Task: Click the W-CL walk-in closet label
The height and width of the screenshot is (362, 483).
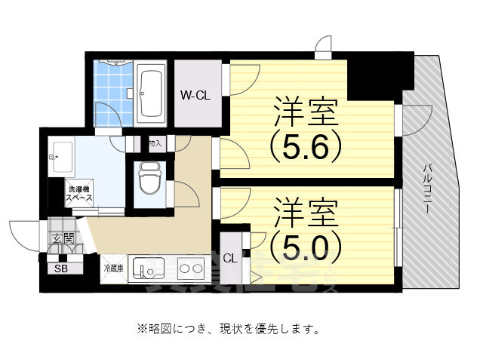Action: coord(195,96)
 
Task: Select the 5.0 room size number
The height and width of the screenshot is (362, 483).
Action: coord(301,242)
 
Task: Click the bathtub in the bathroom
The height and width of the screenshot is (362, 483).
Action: coord(152,93)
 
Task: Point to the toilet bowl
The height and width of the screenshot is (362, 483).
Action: coord(149,182)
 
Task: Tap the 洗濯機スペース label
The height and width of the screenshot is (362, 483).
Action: coord(79,194)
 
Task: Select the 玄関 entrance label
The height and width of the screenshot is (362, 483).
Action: coord(63,239)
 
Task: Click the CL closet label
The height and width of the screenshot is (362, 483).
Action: coord(230,258)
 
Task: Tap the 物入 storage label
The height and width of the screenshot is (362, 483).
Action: coord(155,143)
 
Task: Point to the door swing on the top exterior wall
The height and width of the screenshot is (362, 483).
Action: coord(322,46)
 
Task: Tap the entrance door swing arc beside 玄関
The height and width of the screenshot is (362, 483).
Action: coord(26,232)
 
